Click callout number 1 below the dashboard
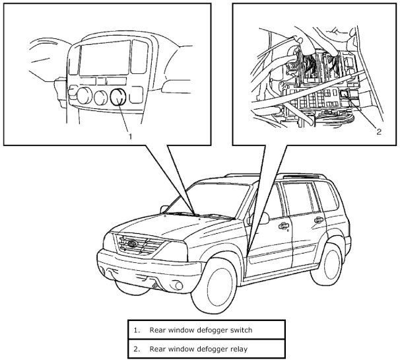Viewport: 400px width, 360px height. (131, 136)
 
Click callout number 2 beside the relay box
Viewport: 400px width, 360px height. (379, 131)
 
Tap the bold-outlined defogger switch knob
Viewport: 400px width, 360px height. (119, 98)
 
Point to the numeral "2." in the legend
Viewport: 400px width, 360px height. (136, 347)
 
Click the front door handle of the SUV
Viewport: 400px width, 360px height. (283, 226)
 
